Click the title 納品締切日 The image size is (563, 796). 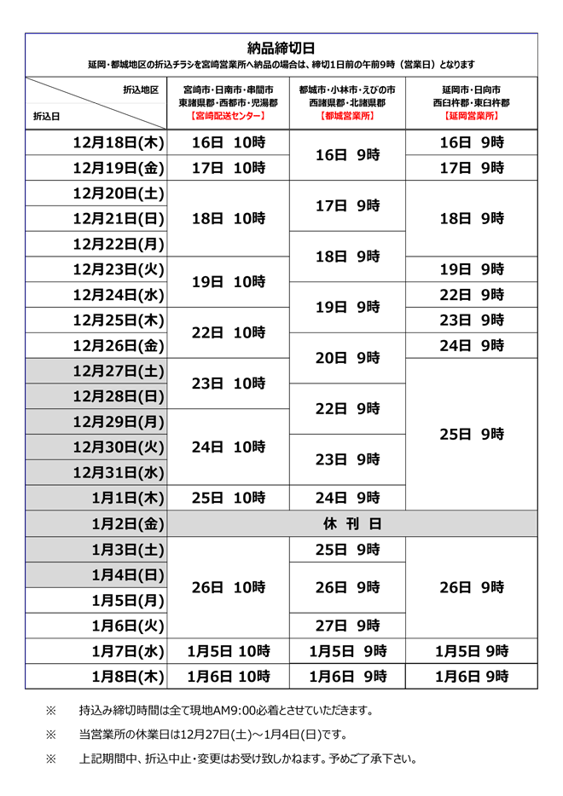pos(281,48)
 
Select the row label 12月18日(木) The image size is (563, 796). pos(119,142)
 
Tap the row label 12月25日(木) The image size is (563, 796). pos(119,320)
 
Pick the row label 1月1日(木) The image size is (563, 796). pos(128,498)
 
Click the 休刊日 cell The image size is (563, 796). pos(351,523)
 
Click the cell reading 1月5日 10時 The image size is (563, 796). pos(228,651)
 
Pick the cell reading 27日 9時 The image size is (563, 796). pos(347,626)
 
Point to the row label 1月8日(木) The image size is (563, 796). pos(128,677)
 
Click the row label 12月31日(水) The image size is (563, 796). pos(119,472)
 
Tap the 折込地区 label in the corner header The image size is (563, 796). pos(141,89)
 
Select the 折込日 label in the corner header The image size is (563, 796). pos(47,116)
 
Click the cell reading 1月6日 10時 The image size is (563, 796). pos(228,677)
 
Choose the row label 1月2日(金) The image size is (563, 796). pos(128,523)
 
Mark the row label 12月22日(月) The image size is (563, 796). pos(119,244)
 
